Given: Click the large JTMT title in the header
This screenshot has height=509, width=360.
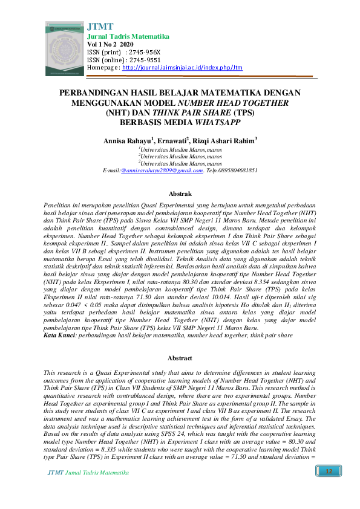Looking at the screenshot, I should [100, 27].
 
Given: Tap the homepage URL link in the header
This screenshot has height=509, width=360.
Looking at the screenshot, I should [182, 68].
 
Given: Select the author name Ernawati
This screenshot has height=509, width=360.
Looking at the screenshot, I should [173, 141].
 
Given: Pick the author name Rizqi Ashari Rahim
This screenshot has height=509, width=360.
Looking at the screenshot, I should [224, 141].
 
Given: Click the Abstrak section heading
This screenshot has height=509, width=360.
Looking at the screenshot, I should [180, 193].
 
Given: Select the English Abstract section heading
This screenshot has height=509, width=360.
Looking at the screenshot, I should [180, 358].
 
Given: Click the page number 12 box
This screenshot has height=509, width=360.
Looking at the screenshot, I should [329, 472].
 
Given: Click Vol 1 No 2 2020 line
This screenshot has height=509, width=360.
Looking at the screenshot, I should [111, 45].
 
